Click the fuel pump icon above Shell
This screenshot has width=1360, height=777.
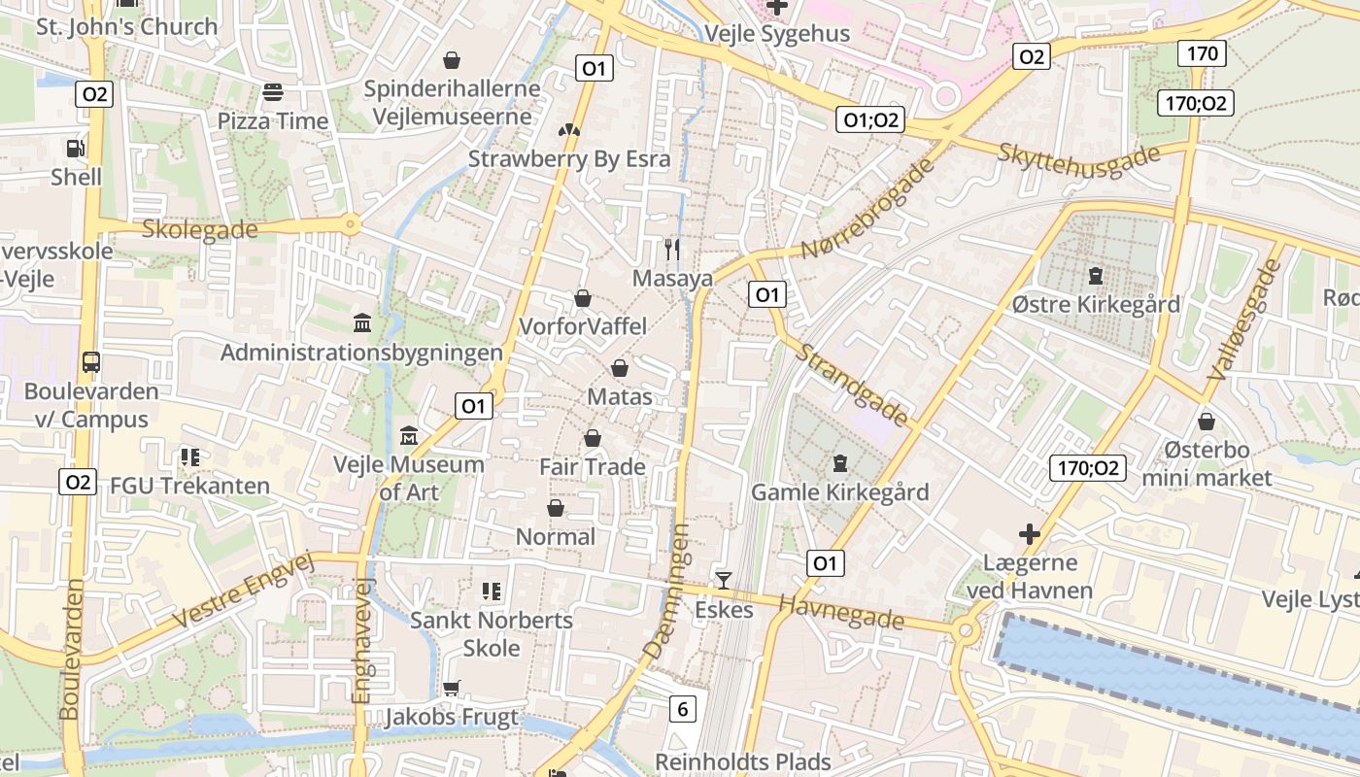(x=75, y=149)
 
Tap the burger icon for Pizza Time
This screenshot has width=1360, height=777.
(x=273, y=92)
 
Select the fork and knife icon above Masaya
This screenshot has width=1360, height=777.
(x=672, y=250)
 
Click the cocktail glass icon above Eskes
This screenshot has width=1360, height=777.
(x=724, y=581)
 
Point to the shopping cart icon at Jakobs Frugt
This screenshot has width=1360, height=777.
(x=451, y=688)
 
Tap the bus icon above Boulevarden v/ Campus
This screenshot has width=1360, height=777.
(x=91, y=362)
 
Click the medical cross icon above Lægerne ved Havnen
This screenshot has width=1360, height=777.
(x=1029, y=533)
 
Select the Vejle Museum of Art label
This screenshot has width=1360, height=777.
(x=408, y=478)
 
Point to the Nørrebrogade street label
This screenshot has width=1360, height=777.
(x=867, y=209)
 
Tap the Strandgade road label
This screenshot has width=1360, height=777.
(x=853, y=385)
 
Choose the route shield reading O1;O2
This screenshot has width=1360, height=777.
(x=869, y=119)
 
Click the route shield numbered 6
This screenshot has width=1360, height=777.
(x=682, y=709)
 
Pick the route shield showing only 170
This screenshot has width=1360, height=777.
(x=1202, y=53)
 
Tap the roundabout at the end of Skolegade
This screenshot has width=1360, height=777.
(x=350, y=225)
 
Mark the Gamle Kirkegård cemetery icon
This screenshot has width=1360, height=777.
(x=840, y=462)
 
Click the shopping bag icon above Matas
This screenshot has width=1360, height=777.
(x=620, y=368)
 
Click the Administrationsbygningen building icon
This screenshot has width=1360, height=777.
(x=362, y=321)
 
